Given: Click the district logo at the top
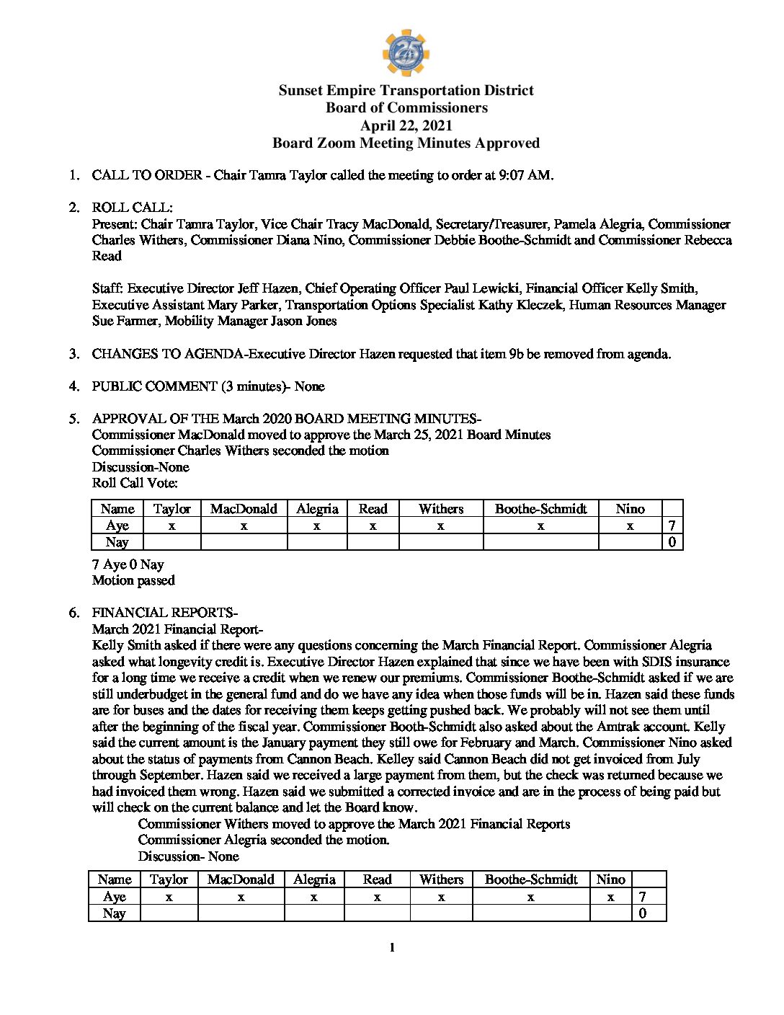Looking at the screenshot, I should click(x=406, y=53).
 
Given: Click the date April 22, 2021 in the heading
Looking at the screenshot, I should click(x=406, y=125).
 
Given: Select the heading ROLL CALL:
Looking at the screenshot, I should click(x=132, y=208).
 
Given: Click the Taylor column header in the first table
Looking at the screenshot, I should click(x=171, y=509).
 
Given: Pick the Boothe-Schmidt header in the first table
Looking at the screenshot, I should click(x=540, y=509).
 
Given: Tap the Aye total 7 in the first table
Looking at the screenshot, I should click(x=672, y=526).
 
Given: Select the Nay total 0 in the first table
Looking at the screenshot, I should click(x=672, y=542).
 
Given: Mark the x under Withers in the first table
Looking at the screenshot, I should click(x=440, y=526).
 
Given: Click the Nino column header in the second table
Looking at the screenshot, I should click(x=610, y=879).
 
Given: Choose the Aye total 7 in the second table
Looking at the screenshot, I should click(x=642, y=897).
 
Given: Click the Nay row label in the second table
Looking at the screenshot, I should click(x=114, y=913).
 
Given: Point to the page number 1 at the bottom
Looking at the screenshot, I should click(x=392, y=948).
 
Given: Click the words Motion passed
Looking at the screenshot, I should click(x=133, y=580).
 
